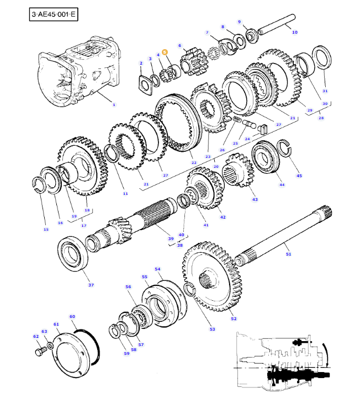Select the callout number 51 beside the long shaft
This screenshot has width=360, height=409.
point(288,254)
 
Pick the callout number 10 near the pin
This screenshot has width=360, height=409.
point(294,33)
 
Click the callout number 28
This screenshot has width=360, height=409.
point(321,118)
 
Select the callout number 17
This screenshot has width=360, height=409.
point(84,225)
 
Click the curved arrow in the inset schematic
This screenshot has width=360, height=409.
point(328,352)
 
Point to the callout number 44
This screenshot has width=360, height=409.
point(282,184)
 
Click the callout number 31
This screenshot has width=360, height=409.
point(325,91)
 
